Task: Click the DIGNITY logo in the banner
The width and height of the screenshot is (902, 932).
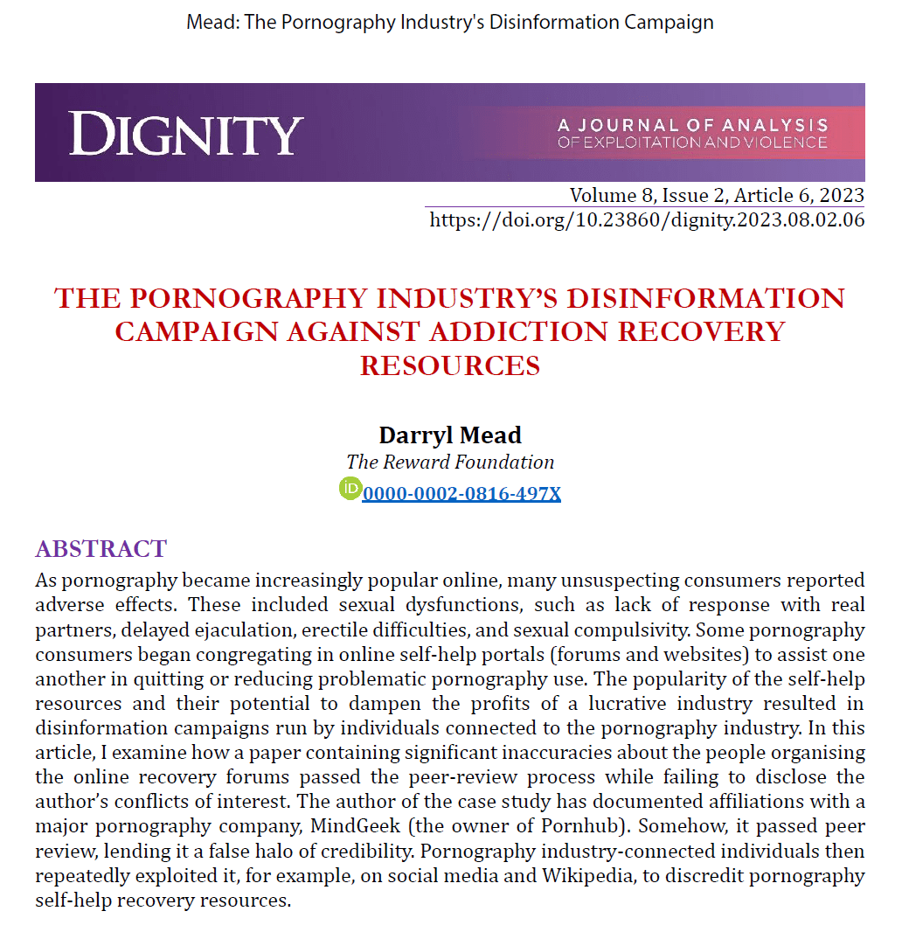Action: click(186, 135)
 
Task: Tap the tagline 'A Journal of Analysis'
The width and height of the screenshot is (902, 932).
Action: click(691, 125)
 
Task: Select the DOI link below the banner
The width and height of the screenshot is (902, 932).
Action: click(647, 219)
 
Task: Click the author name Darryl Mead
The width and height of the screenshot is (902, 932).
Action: click(449, 435)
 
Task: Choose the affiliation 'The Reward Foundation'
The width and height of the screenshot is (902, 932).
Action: click(450, 462)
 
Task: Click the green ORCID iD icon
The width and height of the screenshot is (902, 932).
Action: click(350, 489)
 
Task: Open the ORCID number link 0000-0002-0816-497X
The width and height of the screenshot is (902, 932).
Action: click(461, 493)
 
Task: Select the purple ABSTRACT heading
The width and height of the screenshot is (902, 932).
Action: click(101, 549)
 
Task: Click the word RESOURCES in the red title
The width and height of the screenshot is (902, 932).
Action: click(450, 365)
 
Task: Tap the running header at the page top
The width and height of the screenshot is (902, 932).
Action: click(450, 22)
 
